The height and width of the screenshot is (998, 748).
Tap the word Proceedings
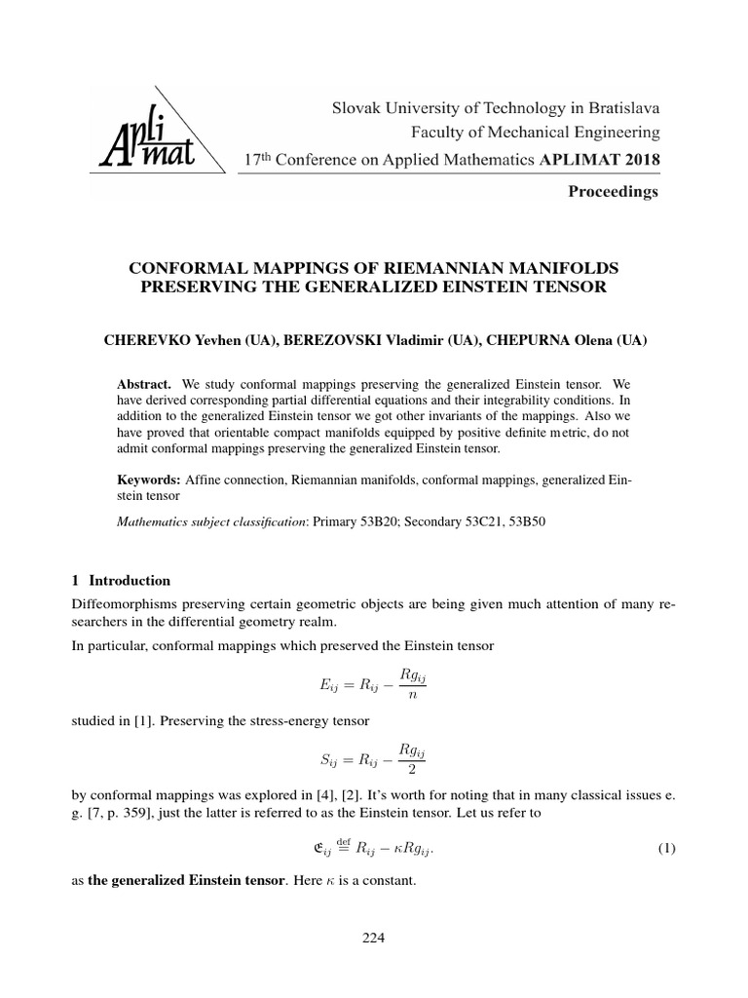(614, 192)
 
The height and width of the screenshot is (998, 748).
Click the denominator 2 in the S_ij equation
(422, 769)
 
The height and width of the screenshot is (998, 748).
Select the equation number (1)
(666, 848)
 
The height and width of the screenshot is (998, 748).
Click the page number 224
(374, 939)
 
